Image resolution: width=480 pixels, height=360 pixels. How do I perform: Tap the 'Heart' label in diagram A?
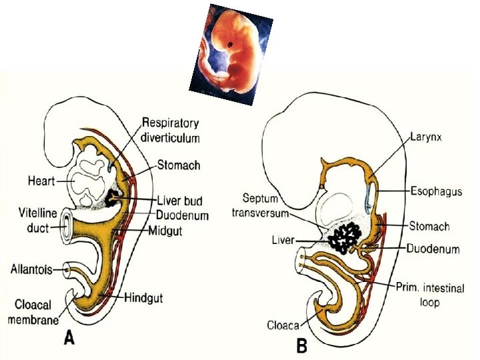pos(42,180)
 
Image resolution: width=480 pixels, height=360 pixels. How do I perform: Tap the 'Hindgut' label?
pos(144,297)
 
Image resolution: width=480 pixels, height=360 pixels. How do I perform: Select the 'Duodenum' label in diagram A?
pos(183,215)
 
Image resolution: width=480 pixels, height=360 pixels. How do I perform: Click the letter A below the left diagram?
pos(69,339)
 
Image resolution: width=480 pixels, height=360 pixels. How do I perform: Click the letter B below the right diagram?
pos(301,345)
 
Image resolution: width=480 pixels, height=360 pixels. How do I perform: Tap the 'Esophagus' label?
pos(435,192)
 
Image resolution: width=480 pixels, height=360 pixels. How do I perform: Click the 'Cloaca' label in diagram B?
pos(283,326)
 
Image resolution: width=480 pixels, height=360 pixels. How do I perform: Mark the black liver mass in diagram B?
pos(347,237)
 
